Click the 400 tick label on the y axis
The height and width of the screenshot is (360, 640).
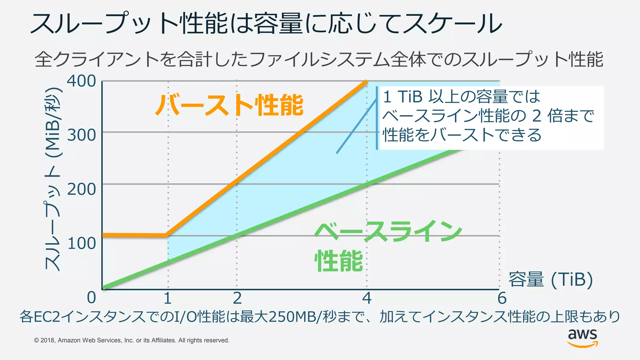81,81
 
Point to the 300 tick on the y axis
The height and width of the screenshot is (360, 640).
81,135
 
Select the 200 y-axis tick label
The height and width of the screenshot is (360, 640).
81,189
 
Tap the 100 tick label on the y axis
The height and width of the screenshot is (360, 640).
81,243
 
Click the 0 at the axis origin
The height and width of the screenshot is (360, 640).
91,297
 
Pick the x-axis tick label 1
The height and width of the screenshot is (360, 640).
167,298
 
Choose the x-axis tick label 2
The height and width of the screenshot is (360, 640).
237,298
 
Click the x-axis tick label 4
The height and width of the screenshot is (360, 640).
367,298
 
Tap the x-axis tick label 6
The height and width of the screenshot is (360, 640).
502,298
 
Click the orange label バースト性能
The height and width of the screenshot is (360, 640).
230,105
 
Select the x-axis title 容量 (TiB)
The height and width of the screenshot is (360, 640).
551,279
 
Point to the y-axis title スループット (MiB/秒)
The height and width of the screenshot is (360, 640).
53,179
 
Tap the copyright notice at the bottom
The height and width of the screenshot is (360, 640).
132,340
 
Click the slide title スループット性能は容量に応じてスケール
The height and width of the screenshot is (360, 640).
266,24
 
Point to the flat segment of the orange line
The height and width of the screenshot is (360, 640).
134,235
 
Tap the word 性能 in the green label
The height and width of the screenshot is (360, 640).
339,261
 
